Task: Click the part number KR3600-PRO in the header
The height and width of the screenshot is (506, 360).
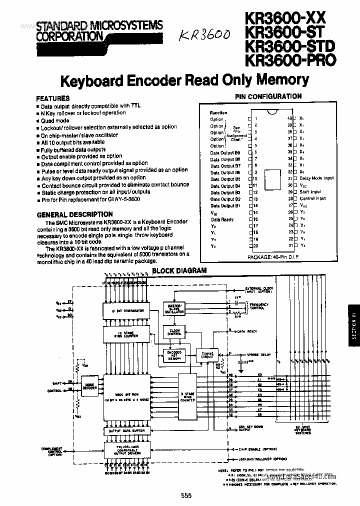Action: pos(290,60)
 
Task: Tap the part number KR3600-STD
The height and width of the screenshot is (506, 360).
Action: pos(289,46)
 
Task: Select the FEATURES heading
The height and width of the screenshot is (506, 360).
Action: pos(53,98)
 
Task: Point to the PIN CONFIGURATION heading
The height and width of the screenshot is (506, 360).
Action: pos(268,96)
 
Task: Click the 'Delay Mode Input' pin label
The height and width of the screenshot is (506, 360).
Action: pos(316,178)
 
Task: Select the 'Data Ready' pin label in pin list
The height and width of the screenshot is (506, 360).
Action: pos(222,219)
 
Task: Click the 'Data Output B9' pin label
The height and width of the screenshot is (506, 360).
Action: pos(225,152)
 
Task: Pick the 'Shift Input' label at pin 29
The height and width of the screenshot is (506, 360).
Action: pos(310,192)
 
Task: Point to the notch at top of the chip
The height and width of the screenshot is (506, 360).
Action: pos(273,111)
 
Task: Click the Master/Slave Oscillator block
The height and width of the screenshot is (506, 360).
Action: pos(173,308)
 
